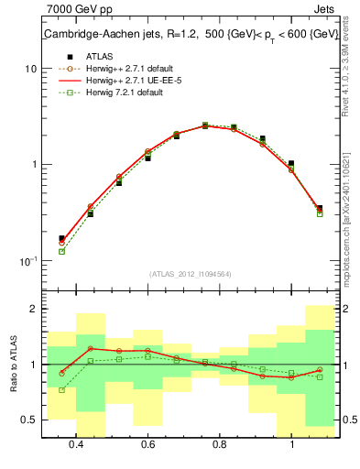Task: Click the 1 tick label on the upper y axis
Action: click(x=33, y=165)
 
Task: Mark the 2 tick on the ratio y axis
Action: click(x=33, y=310)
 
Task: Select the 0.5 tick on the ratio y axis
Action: click(x=29, y=420)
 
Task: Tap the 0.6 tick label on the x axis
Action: click(x=147, y=444)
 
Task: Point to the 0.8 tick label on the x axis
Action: click(x=219, y=444)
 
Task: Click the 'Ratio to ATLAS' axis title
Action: click(x=14, y=364)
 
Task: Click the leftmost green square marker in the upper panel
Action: click(x=61, y=251)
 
